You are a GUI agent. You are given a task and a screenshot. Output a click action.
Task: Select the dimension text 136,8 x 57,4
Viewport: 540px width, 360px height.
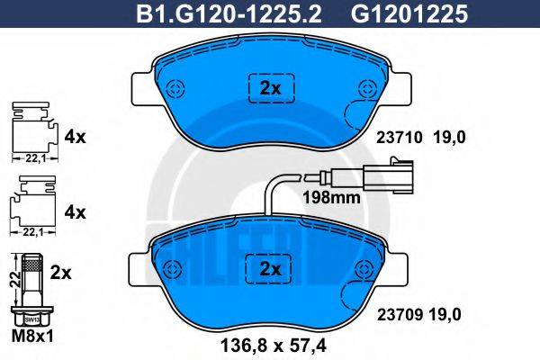[271, 343]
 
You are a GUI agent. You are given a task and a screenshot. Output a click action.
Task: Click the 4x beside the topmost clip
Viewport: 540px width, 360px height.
[75, 138]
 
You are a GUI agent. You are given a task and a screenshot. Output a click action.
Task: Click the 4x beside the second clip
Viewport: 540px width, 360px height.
[75, 213]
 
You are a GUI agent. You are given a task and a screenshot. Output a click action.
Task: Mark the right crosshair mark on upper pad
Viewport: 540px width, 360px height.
[365, 88]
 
